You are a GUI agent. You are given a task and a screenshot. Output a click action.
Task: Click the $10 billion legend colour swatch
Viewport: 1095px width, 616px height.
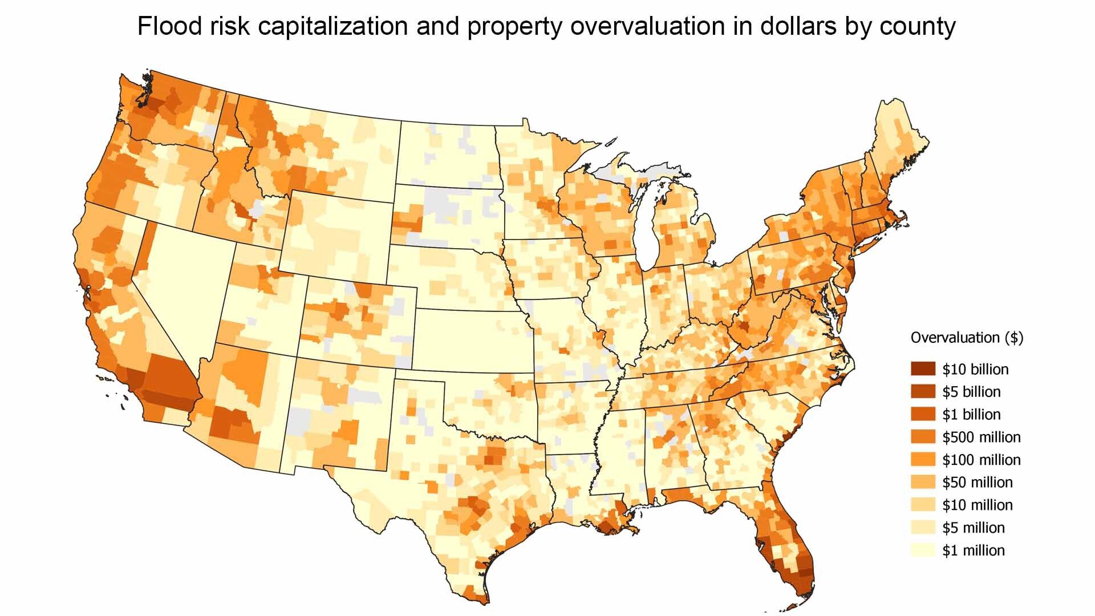tap(923, 369)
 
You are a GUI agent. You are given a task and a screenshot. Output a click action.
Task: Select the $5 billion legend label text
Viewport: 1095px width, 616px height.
tap(971, 392)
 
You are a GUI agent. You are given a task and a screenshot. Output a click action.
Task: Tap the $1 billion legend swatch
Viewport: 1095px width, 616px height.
tap(923, 414)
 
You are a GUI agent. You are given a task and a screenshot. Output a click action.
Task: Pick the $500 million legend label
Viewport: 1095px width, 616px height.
tap(981, 437)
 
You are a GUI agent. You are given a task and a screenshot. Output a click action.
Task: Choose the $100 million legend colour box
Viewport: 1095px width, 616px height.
tap(923, 459)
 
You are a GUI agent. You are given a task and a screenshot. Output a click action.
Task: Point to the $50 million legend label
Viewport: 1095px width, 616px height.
tap(978, 482)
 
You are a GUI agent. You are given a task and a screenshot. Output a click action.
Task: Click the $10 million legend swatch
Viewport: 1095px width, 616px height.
tap(923, 504)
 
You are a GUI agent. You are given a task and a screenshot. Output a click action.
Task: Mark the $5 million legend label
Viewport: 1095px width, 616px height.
tap(974, 528)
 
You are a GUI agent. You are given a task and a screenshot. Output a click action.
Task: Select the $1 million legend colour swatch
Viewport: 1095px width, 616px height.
tap(923, 550)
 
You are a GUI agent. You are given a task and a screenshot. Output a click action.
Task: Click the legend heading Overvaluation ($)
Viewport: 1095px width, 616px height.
tap(967, 338)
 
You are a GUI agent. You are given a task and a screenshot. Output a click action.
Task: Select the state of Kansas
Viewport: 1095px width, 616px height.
tap(473, 342)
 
